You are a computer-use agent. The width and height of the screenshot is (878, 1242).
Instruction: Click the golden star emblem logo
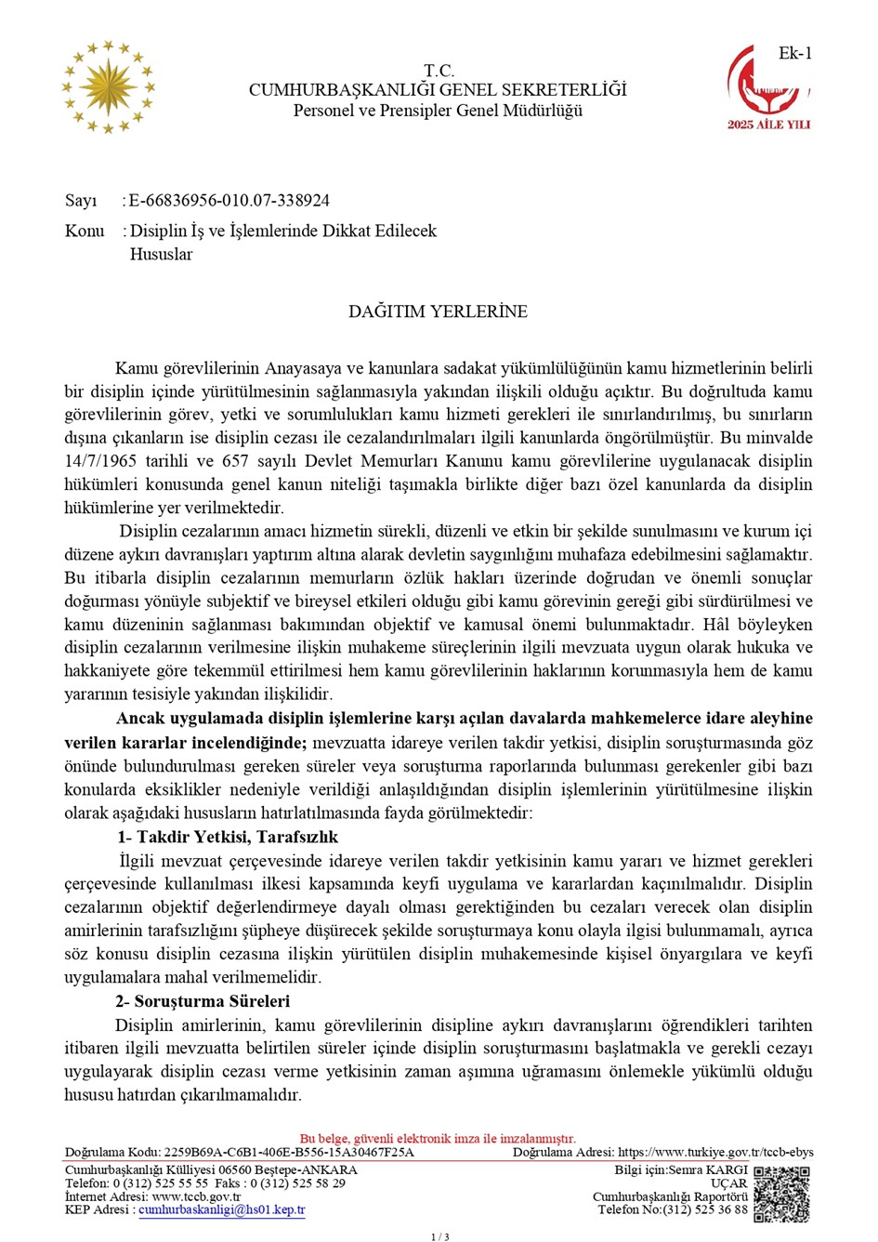(x=108, y=87)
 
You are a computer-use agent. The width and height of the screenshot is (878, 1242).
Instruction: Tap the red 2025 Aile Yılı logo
(x=768, y=87)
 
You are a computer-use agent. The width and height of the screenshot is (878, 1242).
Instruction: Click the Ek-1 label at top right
(x=794, y=54)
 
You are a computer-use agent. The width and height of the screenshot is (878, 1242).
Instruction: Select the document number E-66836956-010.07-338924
(x=229, y=201)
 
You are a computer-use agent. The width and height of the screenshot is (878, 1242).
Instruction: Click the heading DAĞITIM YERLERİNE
(x=438, y=311)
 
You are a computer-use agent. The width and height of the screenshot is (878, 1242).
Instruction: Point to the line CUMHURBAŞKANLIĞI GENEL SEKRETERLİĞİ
(x=438, y=90)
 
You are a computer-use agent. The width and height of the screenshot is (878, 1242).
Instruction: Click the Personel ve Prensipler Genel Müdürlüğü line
(x=438, y=111)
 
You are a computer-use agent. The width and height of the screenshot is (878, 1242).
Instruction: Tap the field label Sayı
(x=81, y=201)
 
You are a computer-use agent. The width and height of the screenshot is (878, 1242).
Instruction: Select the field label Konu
(x=85, y=231)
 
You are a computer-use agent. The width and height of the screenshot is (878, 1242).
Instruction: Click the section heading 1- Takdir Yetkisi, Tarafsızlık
(x=227, y=837)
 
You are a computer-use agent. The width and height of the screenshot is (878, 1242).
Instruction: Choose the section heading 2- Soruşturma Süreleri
(x=203, y=1001)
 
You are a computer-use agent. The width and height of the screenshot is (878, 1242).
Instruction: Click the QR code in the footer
(x=781, y=1194)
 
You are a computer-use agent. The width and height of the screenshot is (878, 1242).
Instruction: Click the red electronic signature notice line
(x=438, y=1139)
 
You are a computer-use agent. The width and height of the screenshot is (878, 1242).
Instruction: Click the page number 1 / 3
(x=439, y=1236)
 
